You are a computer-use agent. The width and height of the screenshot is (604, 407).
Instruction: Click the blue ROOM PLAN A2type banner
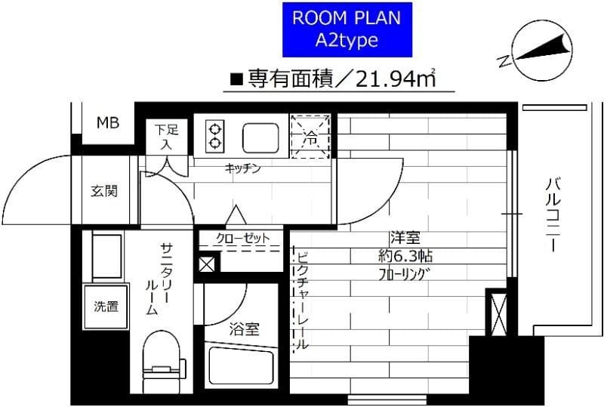(x=347, y=29)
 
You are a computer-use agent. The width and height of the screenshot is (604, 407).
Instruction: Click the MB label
(x=106, y=124)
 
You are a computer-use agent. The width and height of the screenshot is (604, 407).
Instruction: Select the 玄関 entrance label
(x=105, y=191)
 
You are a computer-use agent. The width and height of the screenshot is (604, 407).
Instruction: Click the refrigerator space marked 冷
(x=311, y=136)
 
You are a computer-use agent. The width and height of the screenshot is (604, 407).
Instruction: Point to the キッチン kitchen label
(x=242, y=168)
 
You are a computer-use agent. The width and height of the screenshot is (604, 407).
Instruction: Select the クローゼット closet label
(x=242, y=239)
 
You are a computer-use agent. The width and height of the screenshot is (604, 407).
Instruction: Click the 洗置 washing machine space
(x=105, y=307)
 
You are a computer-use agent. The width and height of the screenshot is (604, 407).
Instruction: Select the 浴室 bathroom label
(x=245, y=328)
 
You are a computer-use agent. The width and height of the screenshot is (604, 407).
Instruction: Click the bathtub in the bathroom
(x=242, y=370)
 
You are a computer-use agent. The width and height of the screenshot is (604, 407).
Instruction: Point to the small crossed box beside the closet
(x=206, y=264)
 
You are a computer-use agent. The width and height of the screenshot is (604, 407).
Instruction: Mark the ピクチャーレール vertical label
(x=300, y=299)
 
